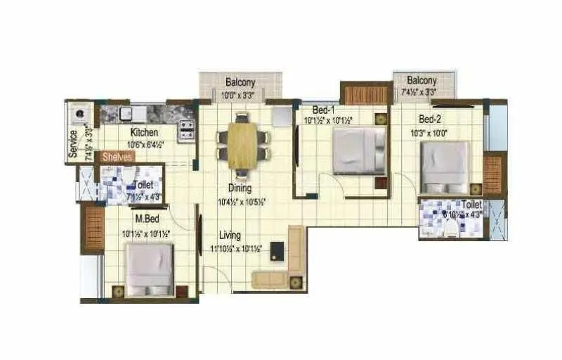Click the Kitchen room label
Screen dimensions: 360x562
[144, 132]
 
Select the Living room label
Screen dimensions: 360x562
[229, 235]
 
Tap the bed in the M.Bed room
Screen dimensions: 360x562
[149, 269]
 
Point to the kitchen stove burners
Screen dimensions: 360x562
[187, 127]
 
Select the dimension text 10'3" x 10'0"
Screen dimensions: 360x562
[429, 132]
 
